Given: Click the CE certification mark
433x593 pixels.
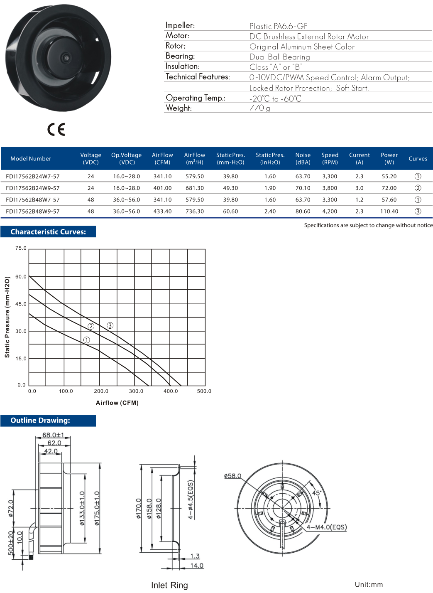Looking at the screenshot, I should point(56,130).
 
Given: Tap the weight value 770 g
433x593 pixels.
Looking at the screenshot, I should point(259,108).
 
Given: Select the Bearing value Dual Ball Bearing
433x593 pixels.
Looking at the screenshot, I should point(279,57).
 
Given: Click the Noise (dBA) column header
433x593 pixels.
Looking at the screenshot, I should point(303,158).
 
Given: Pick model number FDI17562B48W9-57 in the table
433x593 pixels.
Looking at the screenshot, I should point(33,211).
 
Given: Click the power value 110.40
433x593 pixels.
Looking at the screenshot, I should point(389,211).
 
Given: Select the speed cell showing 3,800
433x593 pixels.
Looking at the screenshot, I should point(330,188).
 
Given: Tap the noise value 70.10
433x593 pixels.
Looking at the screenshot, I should point(303,188).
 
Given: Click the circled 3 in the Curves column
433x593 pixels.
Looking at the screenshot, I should point(418,211).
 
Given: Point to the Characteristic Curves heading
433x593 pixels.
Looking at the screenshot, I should point(48,232).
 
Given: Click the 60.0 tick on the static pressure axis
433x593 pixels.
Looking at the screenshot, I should point(21,276).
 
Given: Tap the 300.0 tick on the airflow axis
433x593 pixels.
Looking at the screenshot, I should point(136,391).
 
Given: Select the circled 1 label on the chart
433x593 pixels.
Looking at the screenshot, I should point(86,340).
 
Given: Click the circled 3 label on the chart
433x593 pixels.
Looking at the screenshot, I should point(110,325).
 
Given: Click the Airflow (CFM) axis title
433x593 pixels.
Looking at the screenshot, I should point(117,403).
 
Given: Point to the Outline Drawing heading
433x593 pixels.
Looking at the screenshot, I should point(40,421).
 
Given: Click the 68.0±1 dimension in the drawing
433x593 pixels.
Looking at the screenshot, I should point(53,435).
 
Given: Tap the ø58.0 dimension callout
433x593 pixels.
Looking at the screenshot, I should point(232,476).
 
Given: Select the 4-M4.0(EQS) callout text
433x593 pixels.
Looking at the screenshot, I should point(327,527).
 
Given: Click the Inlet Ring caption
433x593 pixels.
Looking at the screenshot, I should point(169,585).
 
